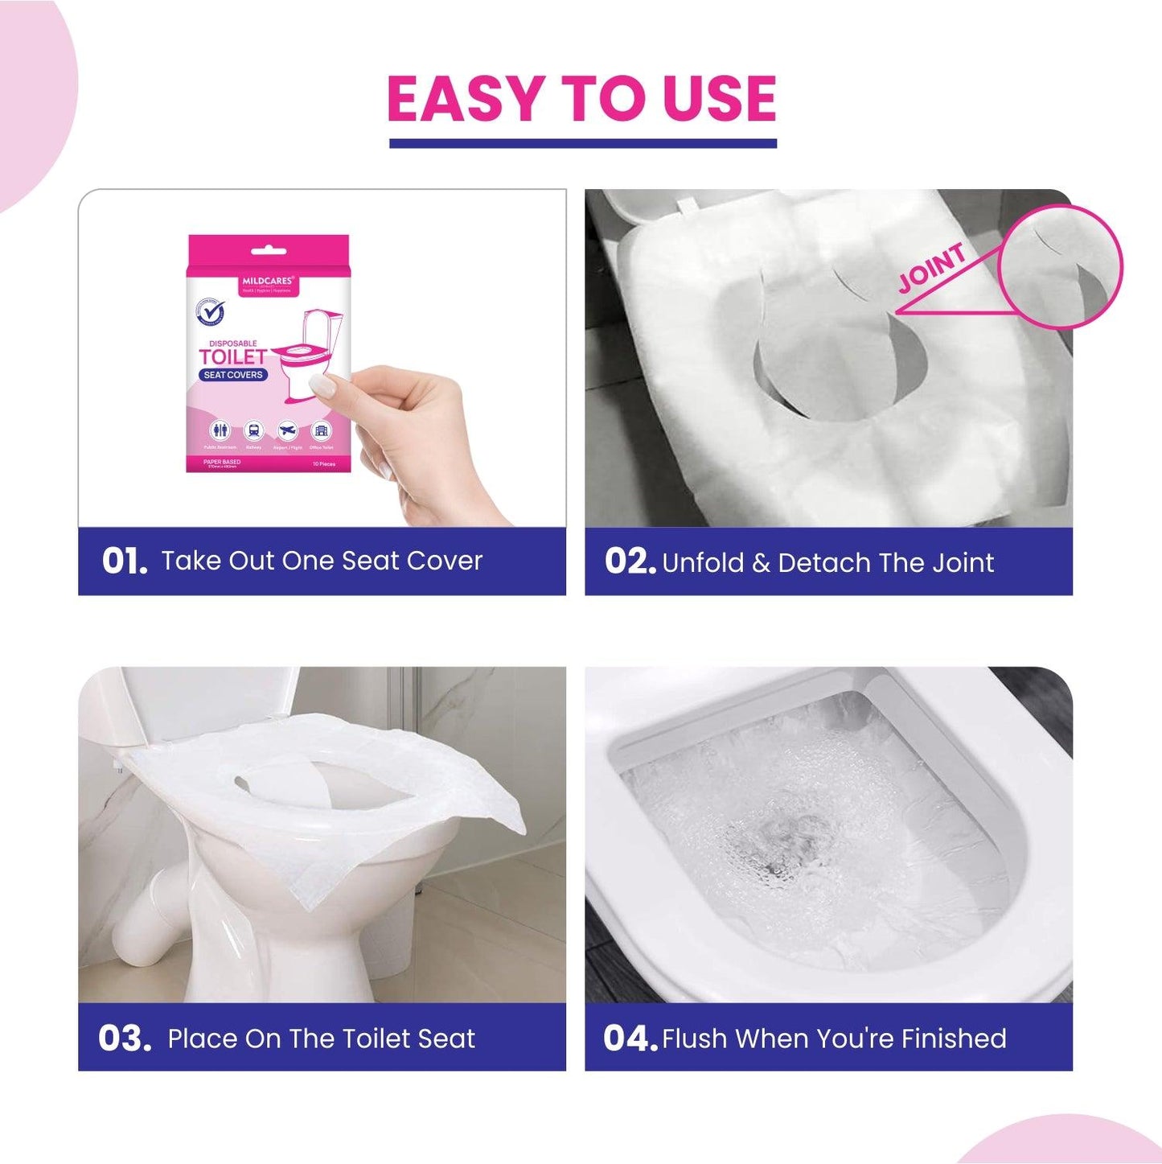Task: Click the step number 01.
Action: [125, 561]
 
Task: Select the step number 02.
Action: [630, 561]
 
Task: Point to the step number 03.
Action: [125, 1038]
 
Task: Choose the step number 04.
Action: [630, 1038]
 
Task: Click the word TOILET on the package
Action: [232, 357]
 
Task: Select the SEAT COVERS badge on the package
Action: [233, 375]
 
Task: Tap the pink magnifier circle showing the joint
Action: [1061, 267]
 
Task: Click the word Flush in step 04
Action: [694, 1039]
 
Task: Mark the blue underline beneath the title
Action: [582, 143]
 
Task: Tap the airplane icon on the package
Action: [287, 430]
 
